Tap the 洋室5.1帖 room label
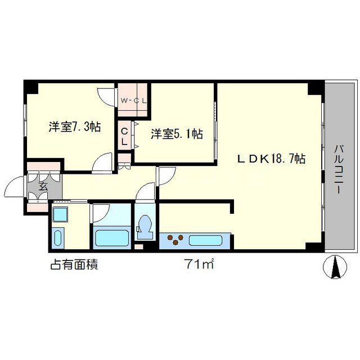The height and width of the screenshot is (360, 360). point(176,134)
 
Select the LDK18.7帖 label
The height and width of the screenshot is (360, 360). point(271,159)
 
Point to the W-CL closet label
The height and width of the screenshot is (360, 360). point(134,101)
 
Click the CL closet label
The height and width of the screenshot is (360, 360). point(125,137)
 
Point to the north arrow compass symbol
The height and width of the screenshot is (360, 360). point(336,267)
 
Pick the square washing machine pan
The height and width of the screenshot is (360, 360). point(60,215)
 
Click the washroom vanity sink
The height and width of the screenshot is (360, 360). point(57,238)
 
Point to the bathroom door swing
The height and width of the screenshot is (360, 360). point(101,213)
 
